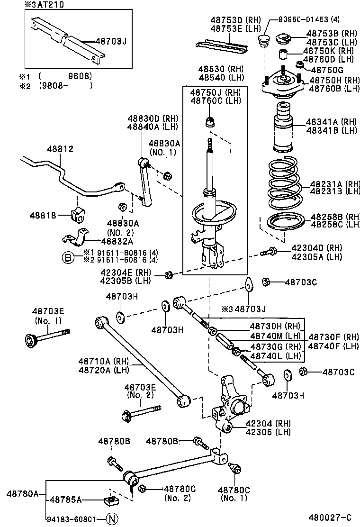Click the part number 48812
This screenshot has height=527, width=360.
tap(60, 149)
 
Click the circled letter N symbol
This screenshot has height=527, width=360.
tap(111, 518)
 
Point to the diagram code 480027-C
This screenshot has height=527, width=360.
tap(330, 518)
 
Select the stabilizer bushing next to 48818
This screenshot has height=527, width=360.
tap(77, 214)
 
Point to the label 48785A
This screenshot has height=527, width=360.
tap(66, 500)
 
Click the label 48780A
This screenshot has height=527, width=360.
tap(22, 493)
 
